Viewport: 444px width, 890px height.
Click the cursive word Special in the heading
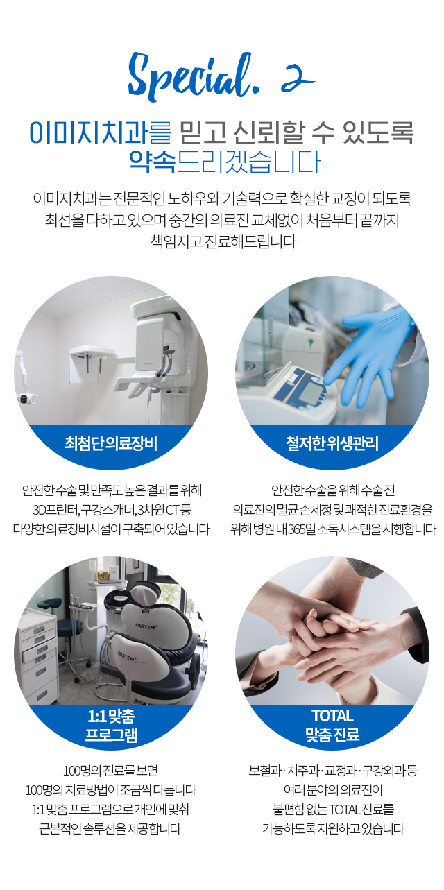point(191,76)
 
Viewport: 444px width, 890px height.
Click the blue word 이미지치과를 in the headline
point(100,132)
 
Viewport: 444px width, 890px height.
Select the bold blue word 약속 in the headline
point(152,162)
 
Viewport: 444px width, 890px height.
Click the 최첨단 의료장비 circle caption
point(111,443)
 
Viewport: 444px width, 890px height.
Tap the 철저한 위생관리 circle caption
point(332,443)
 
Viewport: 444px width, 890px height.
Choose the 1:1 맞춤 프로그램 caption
point(111,726)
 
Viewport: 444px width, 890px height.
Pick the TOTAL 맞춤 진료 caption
point(333,726)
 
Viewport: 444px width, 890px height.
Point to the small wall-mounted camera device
point(26,397)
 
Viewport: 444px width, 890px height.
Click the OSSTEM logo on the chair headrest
point(146,626)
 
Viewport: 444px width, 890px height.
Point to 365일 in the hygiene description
point(301,529)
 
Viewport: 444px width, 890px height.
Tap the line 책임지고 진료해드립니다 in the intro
point(223,241)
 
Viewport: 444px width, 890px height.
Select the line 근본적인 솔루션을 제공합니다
point(110,829)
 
